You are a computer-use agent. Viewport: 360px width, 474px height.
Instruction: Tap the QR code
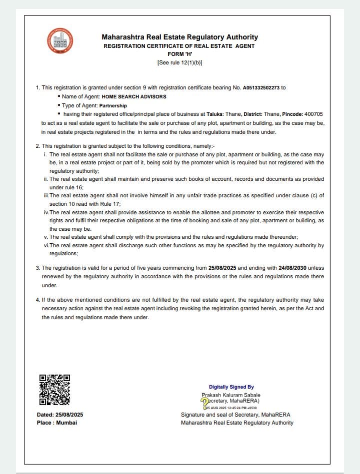point(54,390)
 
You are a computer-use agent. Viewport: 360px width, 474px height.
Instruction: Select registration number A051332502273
point(261,88)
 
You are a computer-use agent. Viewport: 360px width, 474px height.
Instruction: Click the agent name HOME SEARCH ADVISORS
point(134,96)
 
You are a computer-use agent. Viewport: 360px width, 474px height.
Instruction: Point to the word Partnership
point(113,106)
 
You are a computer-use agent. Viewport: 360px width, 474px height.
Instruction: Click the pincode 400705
point(312,114)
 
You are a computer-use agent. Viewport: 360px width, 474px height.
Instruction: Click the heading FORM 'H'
point(179,54)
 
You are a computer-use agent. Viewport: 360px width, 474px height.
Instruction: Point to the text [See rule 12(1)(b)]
point(179,63)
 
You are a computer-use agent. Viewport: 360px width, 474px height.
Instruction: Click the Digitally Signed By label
point(231,387)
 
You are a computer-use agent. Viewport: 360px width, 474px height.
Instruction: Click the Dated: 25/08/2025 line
point(60,415)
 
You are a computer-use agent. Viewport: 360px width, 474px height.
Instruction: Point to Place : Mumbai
point(57,423)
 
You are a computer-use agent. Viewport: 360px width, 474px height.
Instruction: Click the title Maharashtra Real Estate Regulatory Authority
point(179,37)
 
